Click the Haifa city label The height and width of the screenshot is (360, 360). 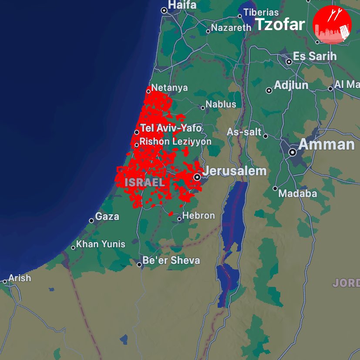click(182, 5)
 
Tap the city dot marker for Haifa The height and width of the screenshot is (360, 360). click(164, 10)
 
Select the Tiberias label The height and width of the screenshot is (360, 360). click(261, 12)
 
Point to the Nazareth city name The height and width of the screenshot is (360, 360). click(231, 27)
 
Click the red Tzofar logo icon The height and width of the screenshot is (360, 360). click(332, 25)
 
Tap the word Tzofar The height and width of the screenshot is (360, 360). click(280, 25)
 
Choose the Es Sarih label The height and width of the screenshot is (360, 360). click(314, 56)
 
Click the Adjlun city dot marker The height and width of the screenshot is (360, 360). click(269, 91)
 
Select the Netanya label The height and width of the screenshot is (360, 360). click(170, 87)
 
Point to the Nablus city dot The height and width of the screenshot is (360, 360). click(202, 108)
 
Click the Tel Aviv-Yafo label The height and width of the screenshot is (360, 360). click(171, 128)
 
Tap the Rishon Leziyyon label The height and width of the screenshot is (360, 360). click(175, 141)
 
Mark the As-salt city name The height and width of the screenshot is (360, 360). click(244, 132)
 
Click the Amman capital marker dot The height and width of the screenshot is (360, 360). click(293, 152)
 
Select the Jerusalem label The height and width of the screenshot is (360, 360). click(235, 171)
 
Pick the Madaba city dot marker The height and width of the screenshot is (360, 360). click(275, 188)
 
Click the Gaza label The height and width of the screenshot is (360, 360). click(107, 216)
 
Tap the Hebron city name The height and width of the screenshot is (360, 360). click(199, 215)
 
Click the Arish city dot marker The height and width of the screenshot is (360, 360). click(5, 282)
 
